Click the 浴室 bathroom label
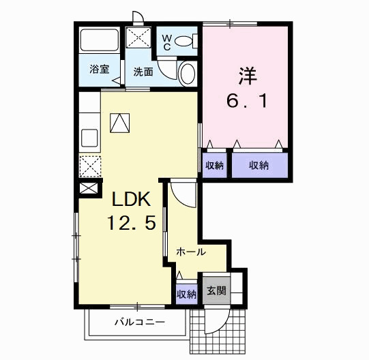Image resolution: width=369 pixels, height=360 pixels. [x=100, y=69]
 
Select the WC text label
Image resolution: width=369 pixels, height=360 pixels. [x=166, y=42]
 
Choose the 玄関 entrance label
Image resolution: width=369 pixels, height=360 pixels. [x=216, y=291]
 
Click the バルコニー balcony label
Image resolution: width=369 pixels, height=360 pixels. [x=138, y=321]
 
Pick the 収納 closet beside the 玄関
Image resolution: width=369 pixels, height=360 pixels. [x=187, y=295]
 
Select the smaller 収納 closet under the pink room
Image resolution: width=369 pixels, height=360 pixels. [x=213, y=165]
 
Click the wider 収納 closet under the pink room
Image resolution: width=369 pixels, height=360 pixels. [x=258, y=165]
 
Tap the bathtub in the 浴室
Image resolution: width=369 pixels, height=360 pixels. [x=100, y=43]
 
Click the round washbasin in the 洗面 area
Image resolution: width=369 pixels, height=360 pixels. [x=187, y=73]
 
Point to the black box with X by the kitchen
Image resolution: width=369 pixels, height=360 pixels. [x=89, y=189]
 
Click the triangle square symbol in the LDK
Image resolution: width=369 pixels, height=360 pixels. [x=120, y=123]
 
